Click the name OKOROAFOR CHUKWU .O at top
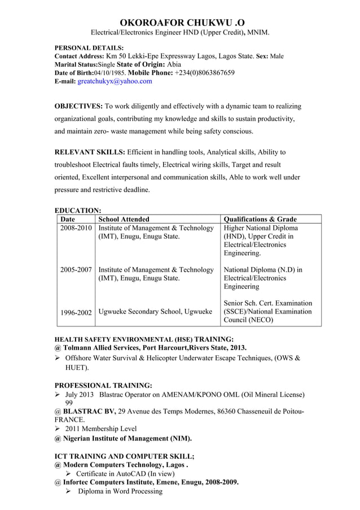(x=179, y=22)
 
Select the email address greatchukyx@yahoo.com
(x=115, y=82)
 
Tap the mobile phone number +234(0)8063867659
(x=205, y=73)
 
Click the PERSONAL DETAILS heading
(x=89, y=48)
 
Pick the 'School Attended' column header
(x=124, y=219)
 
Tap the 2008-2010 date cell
(x=76, y=228)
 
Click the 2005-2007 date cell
(x=76, y=270)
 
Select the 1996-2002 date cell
(x=76, y=312)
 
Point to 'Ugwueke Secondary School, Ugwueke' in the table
(x=155, y=312)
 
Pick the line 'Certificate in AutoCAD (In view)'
(x=125, y=473)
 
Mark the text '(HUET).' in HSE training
(x=77, y=368)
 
